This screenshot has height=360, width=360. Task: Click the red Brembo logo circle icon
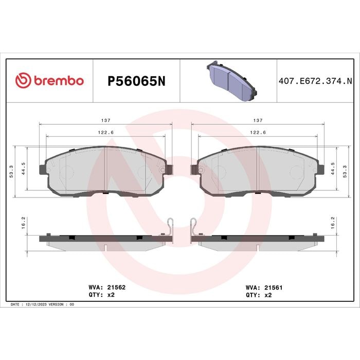(x=23, y=80)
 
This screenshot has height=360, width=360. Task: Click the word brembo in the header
(x=59, y=81)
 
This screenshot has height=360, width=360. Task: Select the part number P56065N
(x=136, y=81)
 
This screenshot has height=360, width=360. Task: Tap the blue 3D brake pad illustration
(x=231, y=81)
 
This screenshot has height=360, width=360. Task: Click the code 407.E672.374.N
(x=315, y=81)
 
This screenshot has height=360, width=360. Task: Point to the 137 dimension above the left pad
(x=106, y=120)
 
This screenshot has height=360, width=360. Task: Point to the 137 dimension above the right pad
(x=258, y=120)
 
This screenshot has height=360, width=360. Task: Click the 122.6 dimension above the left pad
(x=106, y=133)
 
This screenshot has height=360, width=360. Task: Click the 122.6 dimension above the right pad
(x=258, y=133)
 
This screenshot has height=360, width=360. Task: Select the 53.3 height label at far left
(x=11, y=171)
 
